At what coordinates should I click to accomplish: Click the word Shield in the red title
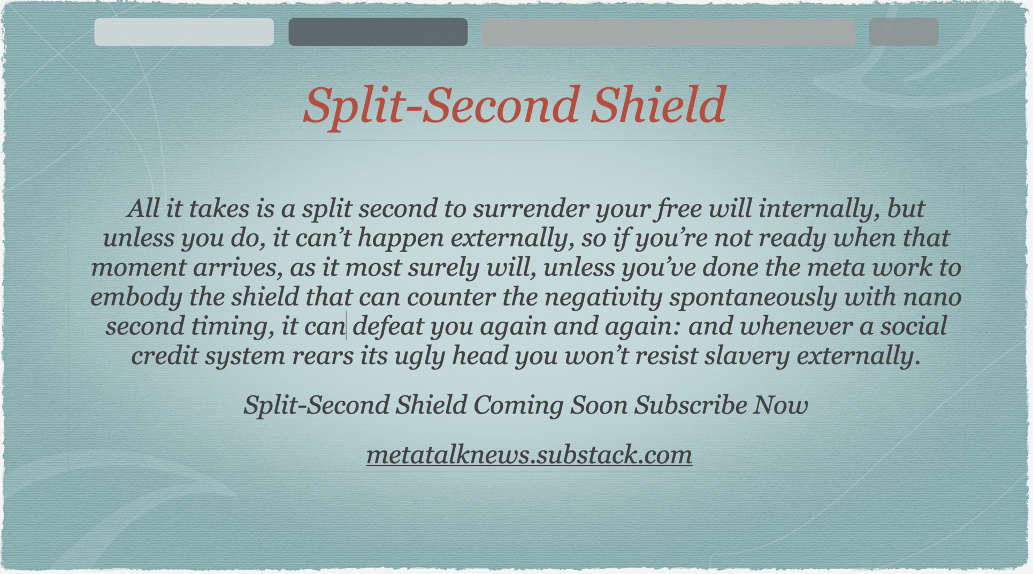pyautogui.click(x=659, y=105)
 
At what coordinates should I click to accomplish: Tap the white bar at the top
pyautogui.click(x=184, y=32)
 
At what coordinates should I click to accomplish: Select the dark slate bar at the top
pyautogui.click(x=378, y=32)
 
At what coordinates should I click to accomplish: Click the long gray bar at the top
pyautogui.click(x=668, y=32)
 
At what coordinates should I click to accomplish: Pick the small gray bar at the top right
pyautogui.click(x=904, y=32)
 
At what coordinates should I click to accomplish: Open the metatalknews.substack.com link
pyautogui.click(x=529, y=455)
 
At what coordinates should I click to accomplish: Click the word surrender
pyautogui.click(x=531, y=209)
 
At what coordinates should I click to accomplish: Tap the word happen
pyautogui.click(x=401, y=239)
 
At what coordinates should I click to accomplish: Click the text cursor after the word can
pyautogui.click(x=347, y=325)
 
